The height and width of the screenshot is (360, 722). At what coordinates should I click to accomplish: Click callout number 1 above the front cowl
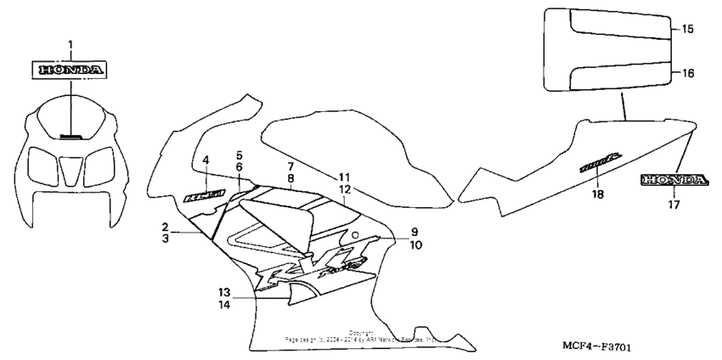pyautogui.click(x=71, y=43)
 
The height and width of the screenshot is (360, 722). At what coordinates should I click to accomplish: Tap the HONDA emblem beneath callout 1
pyautogui.click(x=71, y=69)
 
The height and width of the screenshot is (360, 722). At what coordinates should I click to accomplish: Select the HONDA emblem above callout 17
pyautogui.click(x=674, y=179)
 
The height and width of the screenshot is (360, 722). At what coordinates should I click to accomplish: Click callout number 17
pyautogui.click(x=674, y=204)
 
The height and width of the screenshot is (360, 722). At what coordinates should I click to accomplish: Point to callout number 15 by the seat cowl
pyautogui.click(x=688, y=29)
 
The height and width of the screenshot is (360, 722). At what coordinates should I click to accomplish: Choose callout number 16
pyautogui.click(x=688, y=73)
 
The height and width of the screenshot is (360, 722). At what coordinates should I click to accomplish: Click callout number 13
pyautogui.click(x=223, y=290)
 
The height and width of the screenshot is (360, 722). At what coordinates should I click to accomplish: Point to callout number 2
pyautogui.click(x=166, y=227)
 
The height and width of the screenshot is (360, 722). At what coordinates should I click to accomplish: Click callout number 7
pyautogui.click(x=290, y=166)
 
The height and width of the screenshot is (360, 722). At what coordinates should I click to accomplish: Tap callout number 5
pyautogui.click(x=240, y=155)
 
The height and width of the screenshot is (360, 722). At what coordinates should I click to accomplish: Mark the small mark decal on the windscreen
pyautogui.click(x=71, y=135)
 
